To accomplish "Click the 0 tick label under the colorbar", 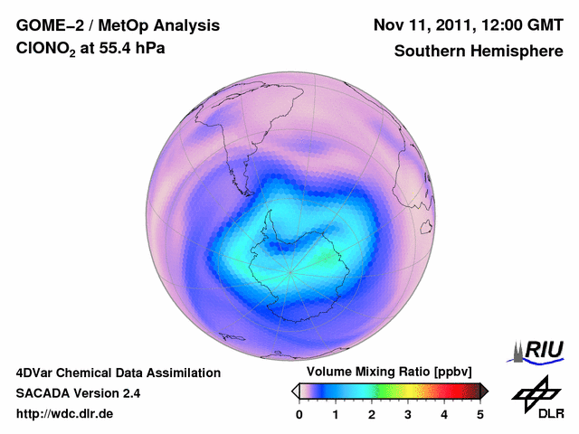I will click(299, 414).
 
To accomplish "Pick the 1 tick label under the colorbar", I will click(336, 414).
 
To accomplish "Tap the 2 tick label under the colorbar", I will click(372, 414).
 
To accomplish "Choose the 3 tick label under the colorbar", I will click(408, 414).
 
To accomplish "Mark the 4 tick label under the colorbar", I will click(444, 414).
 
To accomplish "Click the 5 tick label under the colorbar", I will click(480, 414).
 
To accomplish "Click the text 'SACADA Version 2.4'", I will click(78, 393).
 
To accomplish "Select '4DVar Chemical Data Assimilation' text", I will click(118, 373).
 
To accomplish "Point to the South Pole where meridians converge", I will click(291, 270).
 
